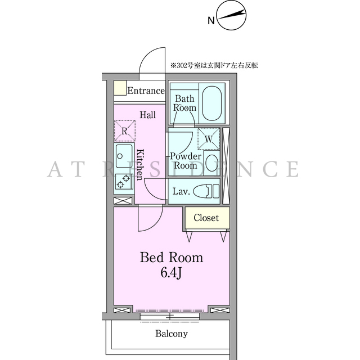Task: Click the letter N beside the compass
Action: click(211, 21)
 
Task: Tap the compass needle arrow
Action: click(231, 15)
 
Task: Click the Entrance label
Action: click(146, 91)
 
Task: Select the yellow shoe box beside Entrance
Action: click(120, 88)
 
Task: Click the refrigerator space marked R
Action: click(125, 130)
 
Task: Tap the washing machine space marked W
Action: click(209, 139)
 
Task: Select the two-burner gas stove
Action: click(124, 181)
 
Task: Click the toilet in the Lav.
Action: click(206, 191)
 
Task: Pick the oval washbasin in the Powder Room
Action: click(211, 163)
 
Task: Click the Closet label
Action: click(206, 218)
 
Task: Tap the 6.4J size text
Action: click(171, 273)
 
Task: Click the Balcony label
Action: click(172, 334)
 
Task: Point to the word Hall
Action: click(147, 115)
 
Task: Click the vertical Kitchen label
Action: click(140, 165)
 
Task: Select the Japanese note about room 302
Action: click(214, 65)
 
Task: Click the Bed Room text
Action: click(172, 258)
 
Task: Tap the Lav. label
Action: click(181, 191)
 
